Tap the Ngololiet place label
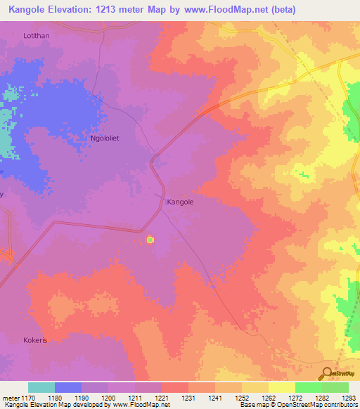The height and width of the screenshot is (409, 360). tap(105, 138)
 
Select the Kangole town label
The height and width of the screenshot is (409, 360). tap(180, 202)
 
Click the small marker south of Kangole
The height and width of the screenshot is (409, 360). tap(150, 240)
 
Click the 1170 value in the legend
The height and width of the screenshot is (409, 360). tap(28, 398)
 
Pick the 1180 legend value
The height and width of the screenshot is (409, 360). tap(55, 398)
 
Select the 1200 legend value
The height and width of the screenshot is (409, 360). tap(108, 398)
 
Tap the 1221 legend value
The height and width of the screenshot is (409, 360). tap(162, 398)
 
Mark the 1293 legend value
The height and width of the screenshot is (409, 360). tap(348, 398)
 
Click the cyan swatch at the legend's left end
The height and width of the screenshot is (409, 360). tap(41, 387)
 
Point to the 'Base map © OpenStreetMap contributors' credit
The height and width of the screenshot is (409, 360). tap(297, 405)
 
